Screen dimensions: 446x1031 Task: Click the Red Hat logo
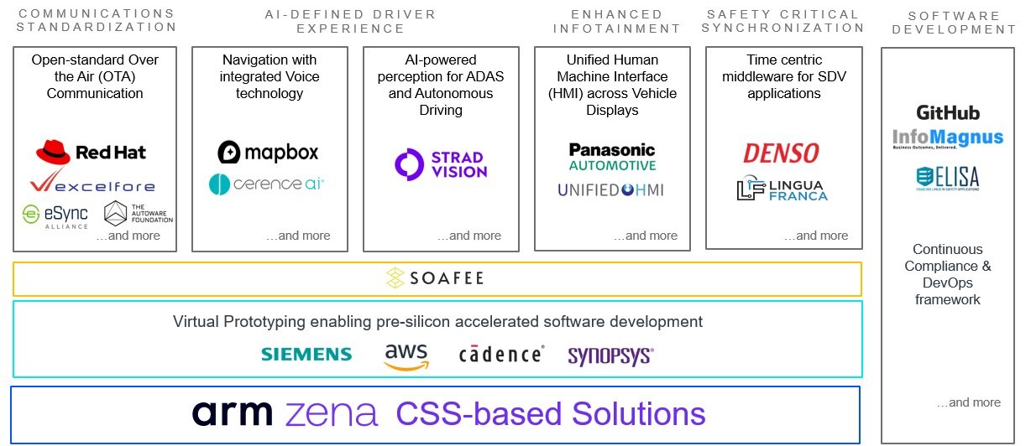coord(91,152)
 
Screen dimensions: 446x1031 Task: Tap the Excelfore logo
coord(92,184)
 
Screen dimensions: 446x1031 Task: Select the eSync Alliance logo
coord(55,215)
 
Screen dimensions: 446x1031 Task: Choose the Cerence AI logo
coord(266,184)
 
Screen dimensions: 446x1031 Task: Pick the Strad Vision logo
coord(441,164)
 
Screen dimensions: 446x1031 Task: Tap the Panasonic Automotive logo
coord(612,156)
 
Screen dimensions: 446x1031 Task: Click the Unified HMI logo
coord(610,190)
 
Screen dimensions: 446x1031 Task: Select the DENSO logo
coord(781,153)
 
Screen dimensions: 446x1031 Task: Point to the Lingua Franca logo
coord(782,189)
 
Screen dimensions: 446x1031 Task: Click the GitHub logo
coord(948,112)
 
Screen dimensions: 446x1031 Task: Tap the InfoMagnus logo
coord(948,139)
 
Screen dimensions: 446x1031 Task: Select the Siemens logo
coord(306,354)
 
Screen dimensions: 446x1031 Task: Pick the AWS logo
coord(406,355)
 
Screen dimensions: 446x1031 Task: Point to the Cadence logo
coord(501,354)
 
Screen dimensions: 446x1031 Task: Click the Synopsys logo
coord(610,355)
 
